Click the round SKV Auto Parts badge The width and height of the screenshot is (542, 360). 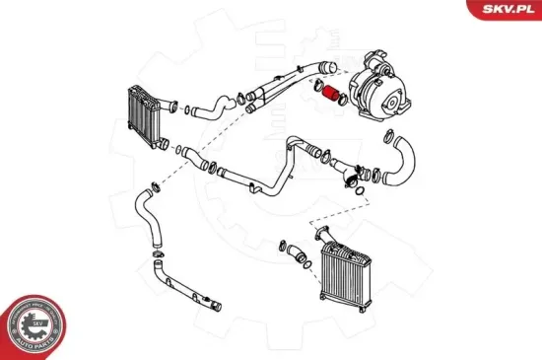coord(36,322)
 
